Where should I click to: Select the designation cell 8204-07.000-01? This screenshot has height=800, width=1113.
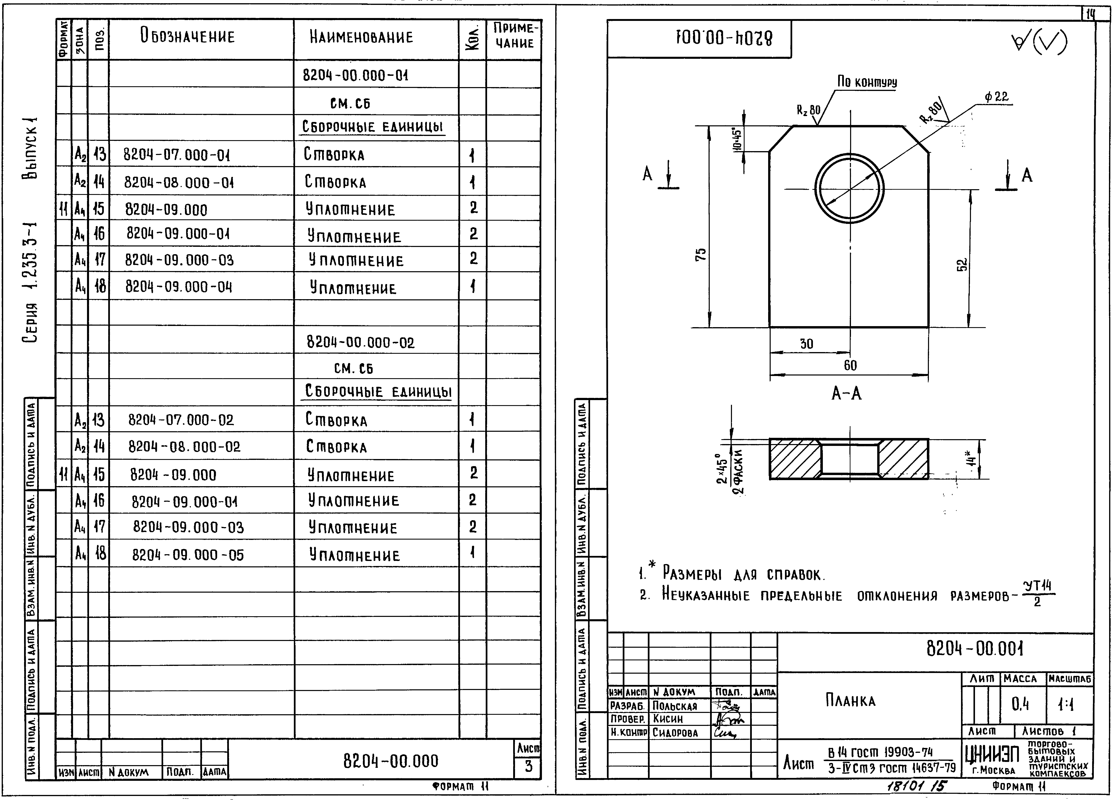coord(177,155)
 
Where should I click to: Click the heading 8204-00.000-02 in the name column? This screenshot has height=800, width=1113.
coord(360,342)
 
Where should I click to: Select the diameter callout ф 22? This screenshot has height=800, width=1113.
coord(996,97)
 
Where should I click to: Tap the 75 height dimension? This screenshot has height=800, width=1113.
coord(701,254)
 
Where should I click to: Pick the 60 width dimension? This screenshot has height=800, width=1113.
coord(850,365)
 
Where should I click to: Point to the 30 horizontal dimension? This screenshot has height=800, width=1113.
coord(807,344)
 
